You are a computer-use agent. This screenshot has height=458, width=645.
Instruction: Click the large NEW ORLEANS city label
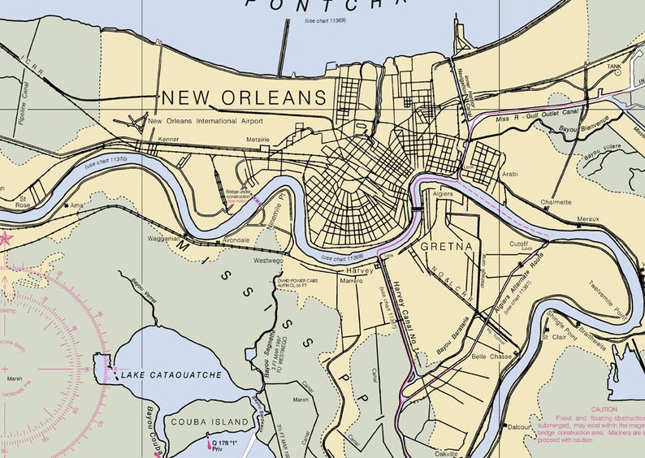(244, 98)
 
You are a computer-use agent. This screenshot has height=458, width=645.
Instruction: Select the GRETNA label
(446, 244)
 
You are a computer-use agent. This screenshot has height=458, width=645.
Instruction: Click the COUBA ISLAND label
(210, 422)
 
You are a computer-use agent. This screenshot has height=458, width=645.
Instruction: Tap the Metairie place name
(258, 140)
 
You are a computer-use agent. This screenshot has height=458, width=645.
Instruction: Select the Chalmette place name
(556, 202)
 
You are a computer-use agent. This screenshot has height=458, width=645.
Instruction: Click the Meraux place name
(587, 219)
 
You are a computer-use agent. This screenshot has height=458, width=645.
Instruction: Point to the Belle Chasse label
(490, 356)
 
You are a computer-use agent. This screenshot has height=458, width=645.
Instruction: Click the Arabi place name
(510, 174)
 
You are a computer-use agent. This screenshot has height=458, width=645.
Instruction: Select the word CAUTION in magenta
(604, 409)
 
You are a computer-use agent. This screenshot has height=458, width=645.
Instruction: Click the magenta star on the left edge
(4, 239)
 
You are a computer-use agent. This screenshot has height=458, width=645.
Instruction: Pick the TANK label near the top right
(614, 67)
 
